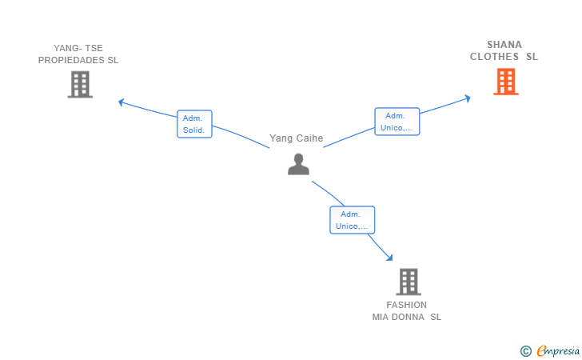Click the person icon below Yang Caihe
point(298,164)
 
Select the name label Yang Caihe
point(296,138)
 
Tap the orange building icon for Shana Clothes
point(506,82)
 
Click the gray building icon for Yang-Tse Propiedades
point(80,85)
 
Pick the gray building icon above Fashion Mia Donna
point(409,282)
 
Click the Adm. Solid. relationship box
point(194,124)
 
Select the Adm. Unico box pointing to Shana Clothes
point(397,122)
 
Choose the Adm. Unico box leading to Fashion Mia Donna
point(353,220)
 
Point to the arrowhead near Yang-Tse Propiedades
point(121,102)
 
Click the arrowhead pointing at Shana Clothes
point(468,98)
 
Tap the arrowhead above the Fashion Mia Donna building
point(389,258)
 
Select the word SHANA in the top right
point(504,45)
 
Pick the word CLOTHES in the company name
point(494,57)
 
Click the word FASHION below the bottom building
point(406,305)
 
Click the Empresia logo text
point(558,350)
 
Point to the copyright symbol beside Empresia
point(525,351)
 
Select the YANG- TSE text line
point(78,48)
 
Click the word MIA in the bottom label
point(380,317)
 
